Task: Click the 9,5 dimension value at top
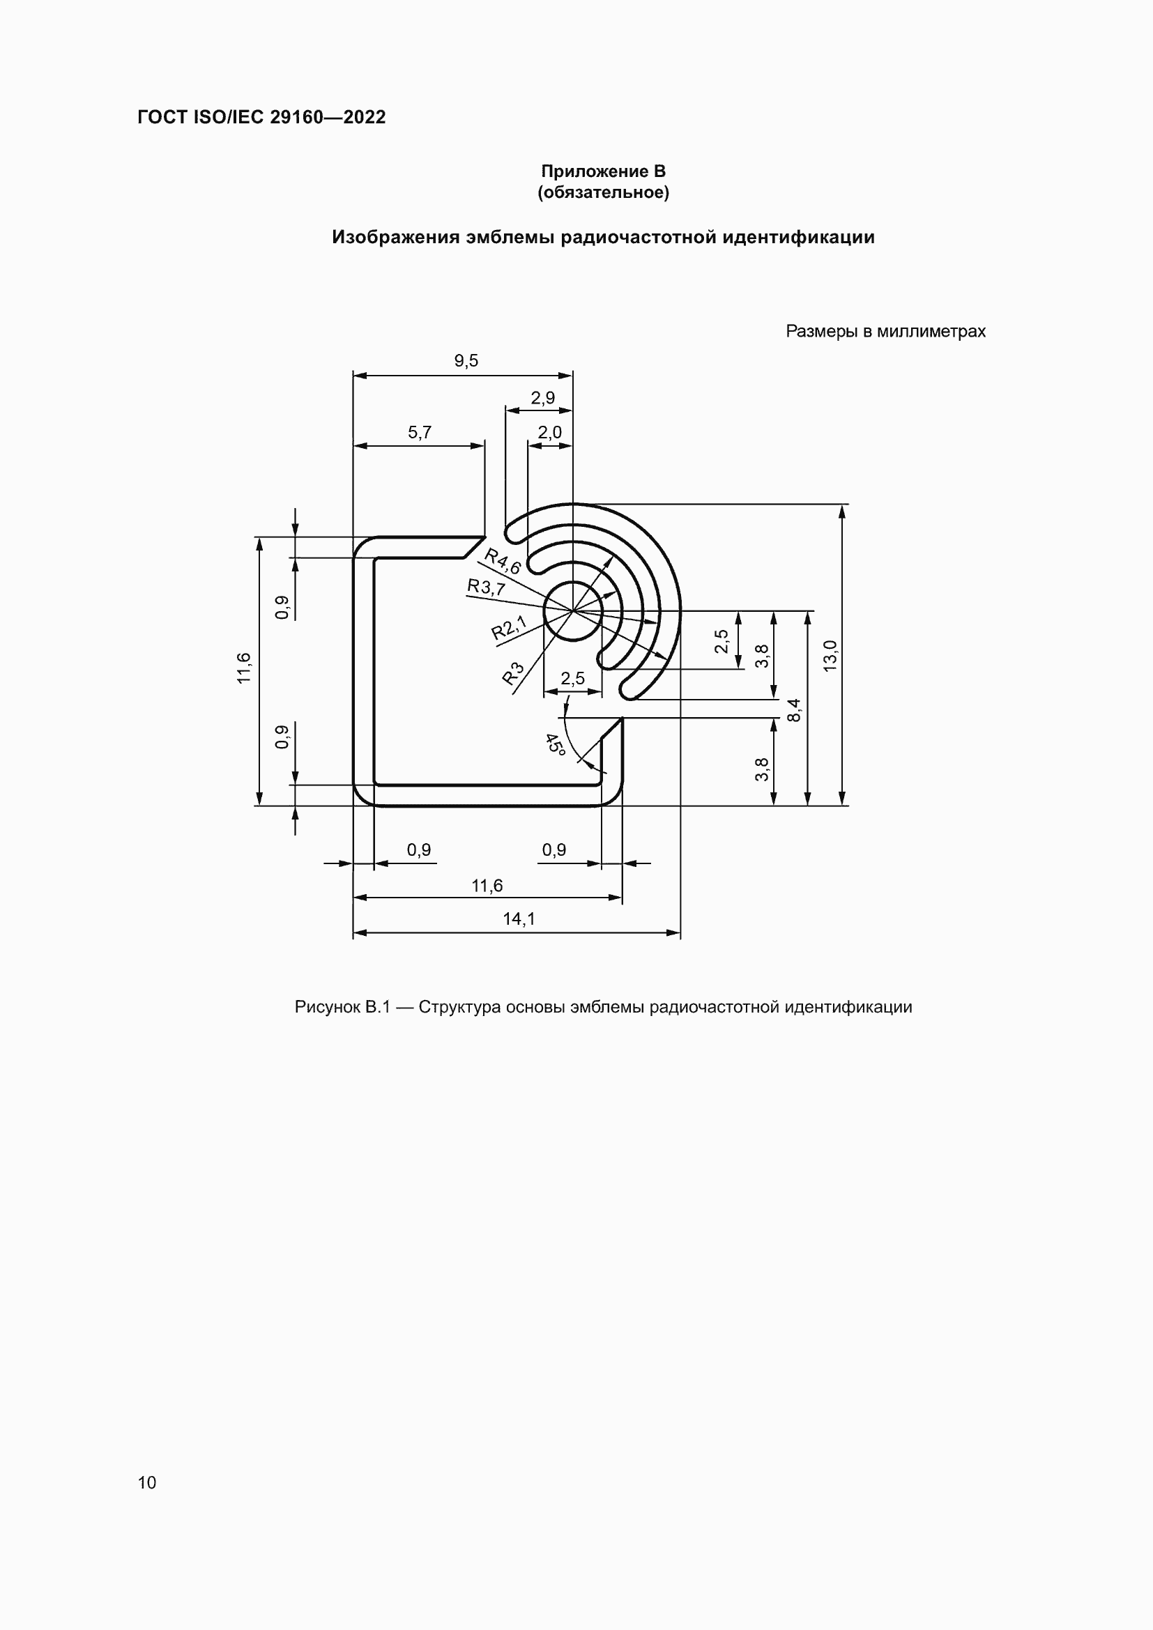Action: [466, 362]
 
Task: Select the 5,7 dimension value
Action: [420, 433]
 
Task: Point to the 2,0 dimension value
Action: [549, 433]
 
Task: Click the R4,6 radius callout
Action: [503, 561]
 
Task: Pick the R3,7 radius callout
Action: [487, 587]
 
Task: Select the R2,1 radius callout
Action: [509, 629]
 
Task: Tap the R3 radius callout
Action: [513, 673]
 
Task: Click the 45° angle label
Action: [555, 744]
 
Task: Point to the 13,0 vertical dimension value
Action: [830, 655]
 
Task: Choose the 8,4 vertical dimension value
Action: [795, 710]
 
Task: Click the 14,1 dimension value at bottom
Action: [519, 919]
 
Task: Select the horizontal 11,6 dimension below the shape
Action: [487, 886]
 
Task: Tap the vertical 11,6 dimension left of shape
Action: [243, 668]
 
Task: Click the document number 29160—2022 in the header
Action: [328, 117]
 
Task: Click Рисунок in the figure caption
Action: [328, 1008]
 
